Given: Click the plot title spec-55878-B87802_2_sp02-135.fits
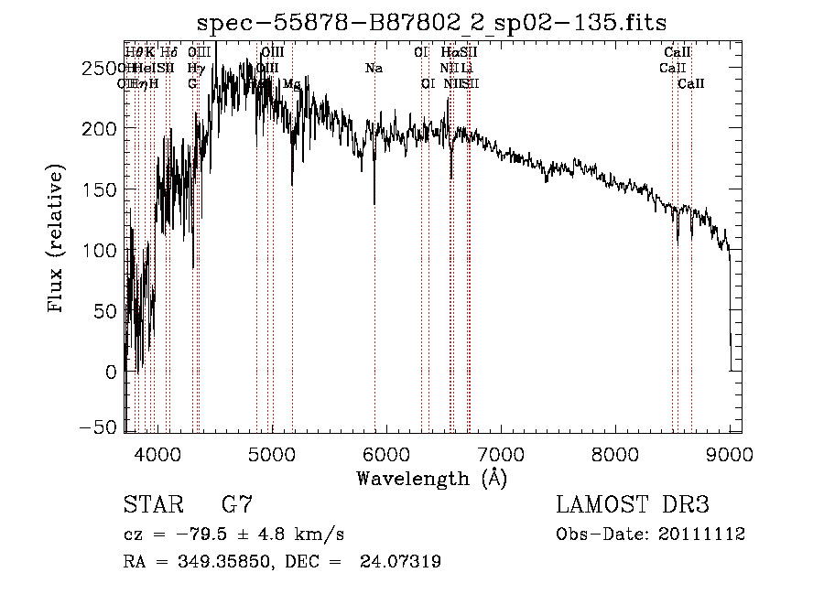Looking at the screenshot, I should click(432, 21).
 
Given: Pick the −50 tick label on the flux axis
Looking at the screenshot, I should click(98, 427).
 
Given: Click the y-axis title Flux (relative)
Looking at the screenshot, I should click(57, 241).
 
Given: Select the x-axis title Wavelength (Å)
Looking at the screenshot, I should click(431, 478).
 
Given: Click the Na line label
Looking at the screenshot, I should click(374, 68).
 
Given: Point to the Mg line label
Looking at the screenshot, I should click(292, 83).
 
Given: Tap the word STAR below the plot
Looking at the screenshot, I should click(153, 505).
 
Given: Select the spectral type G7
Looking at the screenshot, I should click(238, 505).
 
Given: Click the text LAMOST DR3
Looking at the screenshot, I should click(633, 505).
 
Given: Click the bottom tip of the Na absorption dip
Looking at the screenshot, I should click(374, 204).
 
